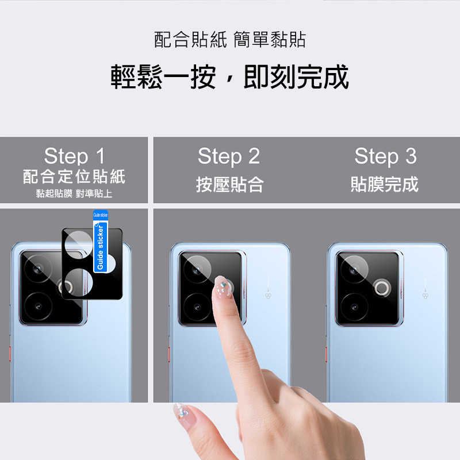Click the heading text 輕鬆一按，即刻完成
(x=230, y=77)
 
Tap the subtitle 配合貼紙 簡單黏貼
(x=230, y=40)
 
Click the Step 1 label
(x=74, y=156)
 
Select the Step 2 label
(x=229, y=156)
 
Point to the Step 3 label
(x=385, y=156)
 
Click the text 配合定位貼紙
(x=74, y=176)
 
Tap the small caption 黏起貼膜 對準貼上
(x=74, y=194)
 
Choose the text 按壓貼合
(x=229, y=185)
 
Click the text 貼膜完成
(x=385, y=185)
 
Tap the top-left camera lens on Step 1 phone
(x=39, y=269)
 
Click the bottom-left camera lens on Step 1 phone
(x=39, y=304)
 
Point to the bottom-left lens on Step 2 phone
(x=197, y=305)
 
